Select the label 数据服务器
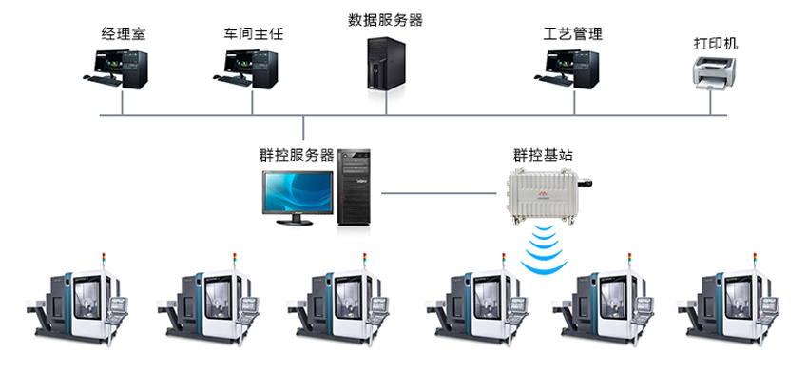pos(385,19)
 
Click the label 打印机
pos(716,44)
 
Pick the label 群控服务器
pos(297,155)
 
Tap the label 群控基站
pos(544,155)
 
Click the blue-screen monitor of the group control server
pos(296,194)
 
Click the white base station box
pos(544,194)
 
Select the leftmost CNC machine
pos(81,300)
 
